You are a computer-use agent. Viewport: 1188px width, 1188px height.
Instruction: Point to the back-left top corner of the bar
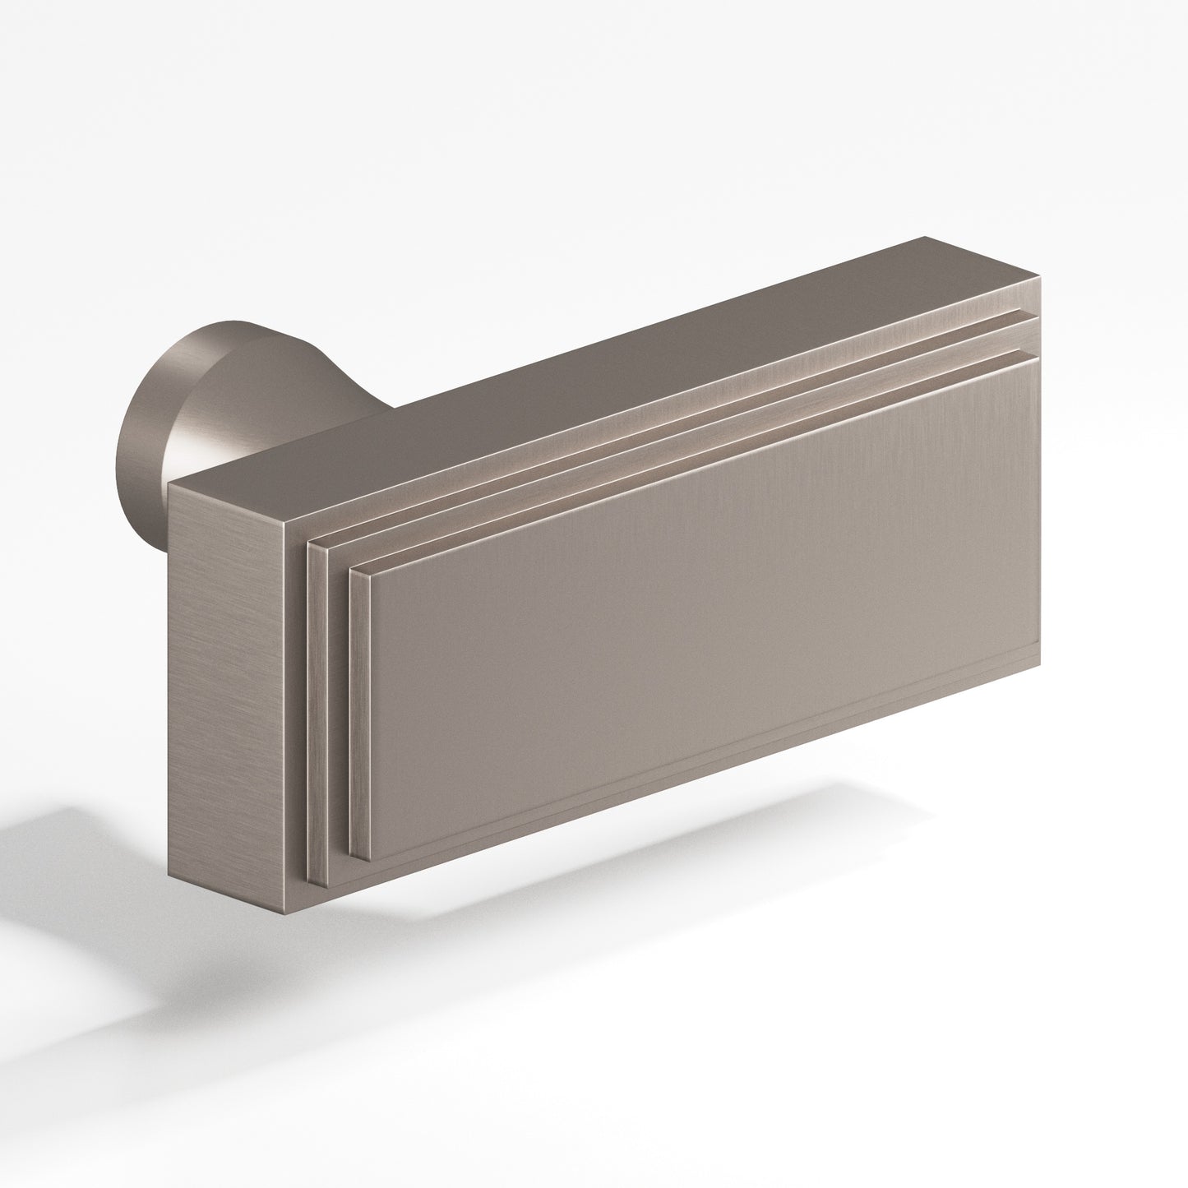click(x=168, y=485)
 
